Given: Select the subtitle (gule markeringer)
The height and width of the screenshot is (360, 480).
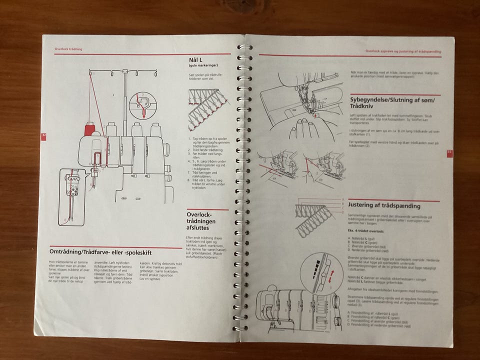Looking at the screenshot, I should [203, 65].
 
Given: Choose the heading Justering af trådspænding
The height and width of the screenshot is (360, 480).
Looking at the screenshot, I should [391, 205].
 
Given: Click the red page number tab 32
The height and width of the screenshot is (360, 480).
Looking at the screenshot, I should [44, 135].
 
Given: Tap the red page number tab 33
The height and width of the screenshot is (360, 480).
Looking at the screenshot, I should [449, 152].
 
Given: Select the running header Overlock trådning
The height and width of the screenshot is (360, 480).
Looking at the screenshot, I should [68, 49].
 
